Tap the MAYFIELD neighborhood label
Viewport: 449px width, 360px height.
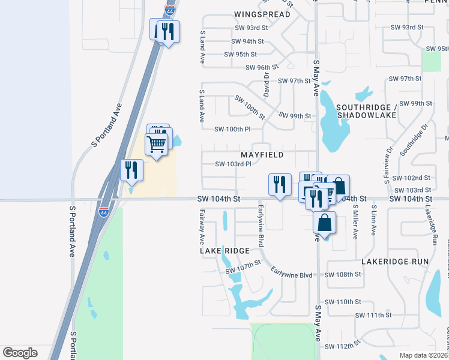(262, 155)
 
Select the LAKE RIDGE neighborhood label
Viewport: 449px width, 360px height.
(224, 251)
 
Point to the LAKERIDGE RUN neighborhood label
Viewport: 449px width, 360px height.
(395, 262)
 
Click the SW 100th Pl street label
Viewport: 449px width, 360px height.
(232, 129)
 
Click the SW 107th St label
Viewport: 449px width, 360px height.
(243, 267)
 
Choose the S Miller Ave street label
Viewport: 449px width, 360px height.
(355, 223)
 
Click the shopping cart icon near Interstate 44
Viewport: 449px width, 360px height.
(157, 144)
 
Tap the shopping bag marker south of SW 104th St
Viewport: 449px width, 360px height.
(324, 223)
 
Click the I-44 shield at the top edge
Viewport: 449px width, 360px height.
(169, 10)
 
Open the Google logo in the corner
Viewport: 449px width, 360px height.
(20, 353)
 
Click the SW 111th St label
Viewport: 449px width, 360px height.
(373, 315)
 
